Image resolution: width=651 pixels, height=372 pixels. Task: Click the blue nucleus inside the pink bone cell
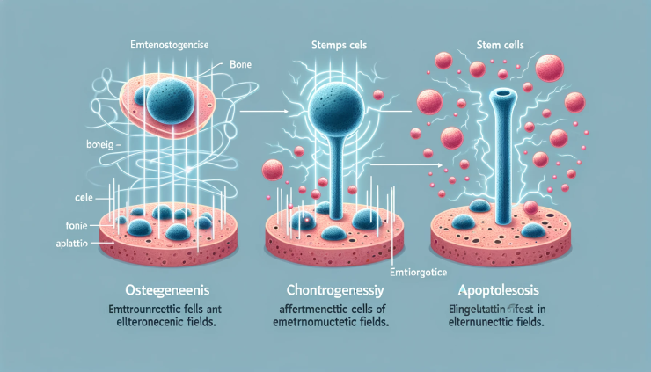[168, 98]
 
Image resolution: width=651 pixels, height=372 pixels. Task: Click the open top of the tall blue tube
[505, 92]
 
